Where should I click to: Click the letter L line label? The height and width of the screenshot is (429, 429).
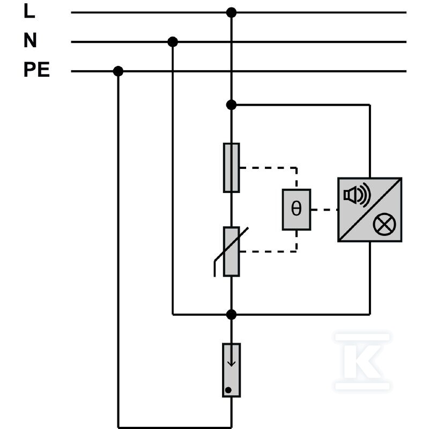29,11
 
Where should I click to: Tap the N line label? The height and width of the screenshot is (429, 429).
30,40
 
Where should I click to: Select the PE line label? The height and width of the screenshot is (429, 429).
36,70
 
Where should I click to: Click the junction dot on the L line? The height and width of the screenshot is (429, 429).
232,12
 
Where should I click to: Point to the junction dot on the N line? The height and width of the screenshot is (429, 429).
173,42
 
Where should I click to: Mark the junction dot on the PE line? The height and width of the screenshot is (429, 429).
118,71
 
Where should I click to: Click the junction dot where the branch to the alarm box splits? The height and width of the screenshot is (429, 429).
232,105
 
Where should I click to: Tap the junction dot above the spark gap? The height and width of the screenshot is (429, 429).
232,315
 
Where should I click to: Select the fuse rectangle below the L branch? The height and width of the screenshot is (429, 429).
232,168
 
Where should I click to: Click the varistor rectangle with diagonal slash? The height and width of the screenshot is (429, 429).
232,252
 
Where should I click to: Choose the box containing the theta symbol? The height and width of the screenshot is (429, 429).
297,210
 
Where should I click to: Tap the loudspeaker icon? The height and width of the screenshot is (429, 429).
357,195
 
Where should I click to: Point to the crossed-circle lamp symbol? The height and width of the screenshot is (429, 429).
384,224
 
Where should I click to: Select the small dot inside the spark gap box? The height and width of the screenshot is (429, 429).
228,390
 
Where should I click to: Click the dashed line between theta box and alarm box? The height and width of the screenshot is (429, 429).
324,210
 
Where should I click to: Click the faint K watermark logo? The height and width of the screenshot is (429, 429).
363,361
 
